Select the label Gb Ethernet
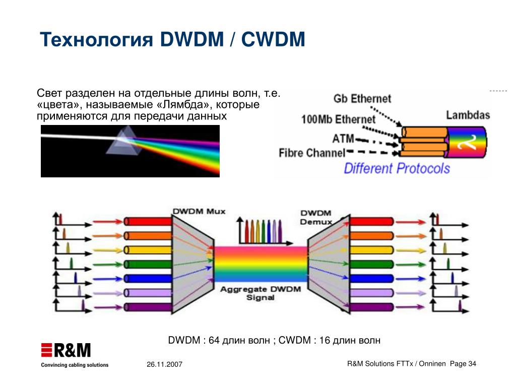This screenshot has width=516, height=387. pyautogui.click(x=362, y=98)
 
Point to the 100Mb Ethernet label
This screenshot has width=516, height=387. pyautogui.click(x=338, y=119)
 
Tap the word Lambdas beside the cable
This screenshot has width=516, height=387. pyautogui.click(x=468, y=115)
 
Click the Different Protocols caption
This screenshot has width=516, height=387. pyautogui.click(x=397, y=168)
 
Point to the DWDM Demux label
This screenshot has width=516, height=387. pyautogui.click(x=316, y=218)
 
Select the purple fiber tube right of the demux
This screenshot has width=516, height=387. pyautogui.click(x=371, y=306)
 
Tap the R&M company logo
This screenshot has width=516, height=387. pyautogui.click(x=66, y=350)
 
